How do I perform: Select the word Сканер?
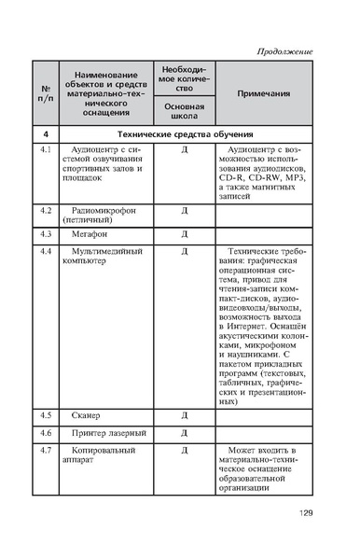click(90, 413)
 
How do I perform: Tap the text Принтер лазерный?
click(107, 433)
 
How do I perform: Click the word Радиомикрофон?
click(104, 211)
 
